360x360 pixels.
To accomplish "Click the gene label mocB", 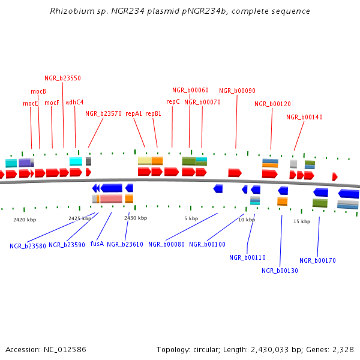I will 38,91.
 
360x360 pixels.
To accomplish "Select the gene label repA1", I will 134,113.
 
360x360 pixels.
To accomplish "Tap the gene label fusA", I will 97,244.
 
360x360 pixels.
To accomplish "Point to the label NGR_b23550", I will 62,78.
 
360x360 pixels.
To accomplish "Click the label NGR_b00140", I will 304,118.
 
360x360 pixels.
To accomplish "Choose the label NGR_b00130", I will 280,271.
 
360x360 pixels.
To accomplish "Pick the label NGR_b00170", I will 317,260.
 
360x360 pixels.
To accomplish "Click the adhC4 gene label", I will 74,102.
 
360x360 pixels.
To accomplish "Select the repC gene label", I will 173,102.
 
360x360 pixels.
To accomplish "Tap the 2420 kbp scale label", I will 25,220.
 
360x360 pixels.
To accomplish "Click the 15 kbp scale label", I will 302,221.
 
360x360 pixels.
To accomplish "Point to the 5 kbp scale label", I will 191,218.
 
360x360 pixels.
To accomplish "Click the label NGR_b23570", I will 103,113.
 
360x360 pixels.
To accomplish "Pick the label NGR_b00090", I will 237,91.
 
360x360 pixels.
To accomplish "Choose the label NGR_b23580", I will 28,246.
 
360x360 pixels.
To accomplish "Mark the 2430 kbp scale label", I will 136,218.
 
